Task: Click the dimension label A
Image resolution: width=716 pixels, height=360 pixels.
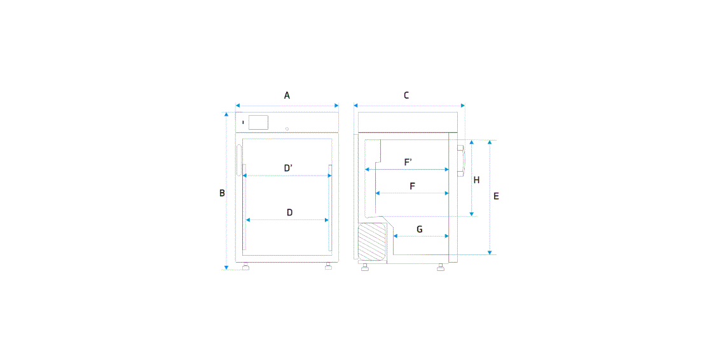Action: (x=287, y=95)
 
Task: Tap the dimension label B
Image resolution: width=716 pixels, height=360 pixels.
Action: (x=222, y=193)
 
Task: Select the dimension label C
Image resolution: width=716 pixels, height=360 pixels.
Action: (x=406, y=95)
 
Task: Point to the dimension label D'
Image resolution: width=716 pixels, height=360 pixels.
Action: (x=288, y=168)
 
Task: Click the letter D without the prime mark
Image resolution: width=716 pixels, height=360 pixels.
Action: (x=289, y=212)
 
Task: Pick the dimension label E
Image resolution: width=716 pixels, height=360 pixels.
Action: (x=496, y=196)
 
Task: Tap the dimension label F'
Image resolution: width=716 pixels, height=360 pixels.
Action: (x=408, y=162)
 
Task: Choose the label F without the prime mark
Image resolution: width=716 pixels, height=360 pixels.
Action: (x=412, y=186)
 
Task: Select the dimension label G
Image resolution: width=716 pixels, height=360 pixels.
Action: (x=420, y=229)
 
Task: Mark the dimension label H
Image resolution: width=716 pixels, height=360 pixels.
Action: (x=476, y=180)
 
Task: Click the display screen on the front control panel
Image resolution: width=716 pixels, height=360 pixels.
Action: (x=258, y=122)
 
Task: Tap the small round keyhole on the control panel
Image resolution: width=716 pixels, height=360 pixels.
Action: (x=287, y=128)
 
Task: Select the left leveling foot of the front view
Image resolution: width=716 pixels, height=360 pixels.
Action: (x=246, y=267)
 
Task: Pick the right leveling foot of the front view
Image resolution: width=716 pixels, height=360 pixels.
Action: (x=328, y=267)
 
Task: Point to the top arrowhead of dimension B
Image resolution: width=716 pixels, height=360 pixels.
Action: (x=226, y=114)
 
